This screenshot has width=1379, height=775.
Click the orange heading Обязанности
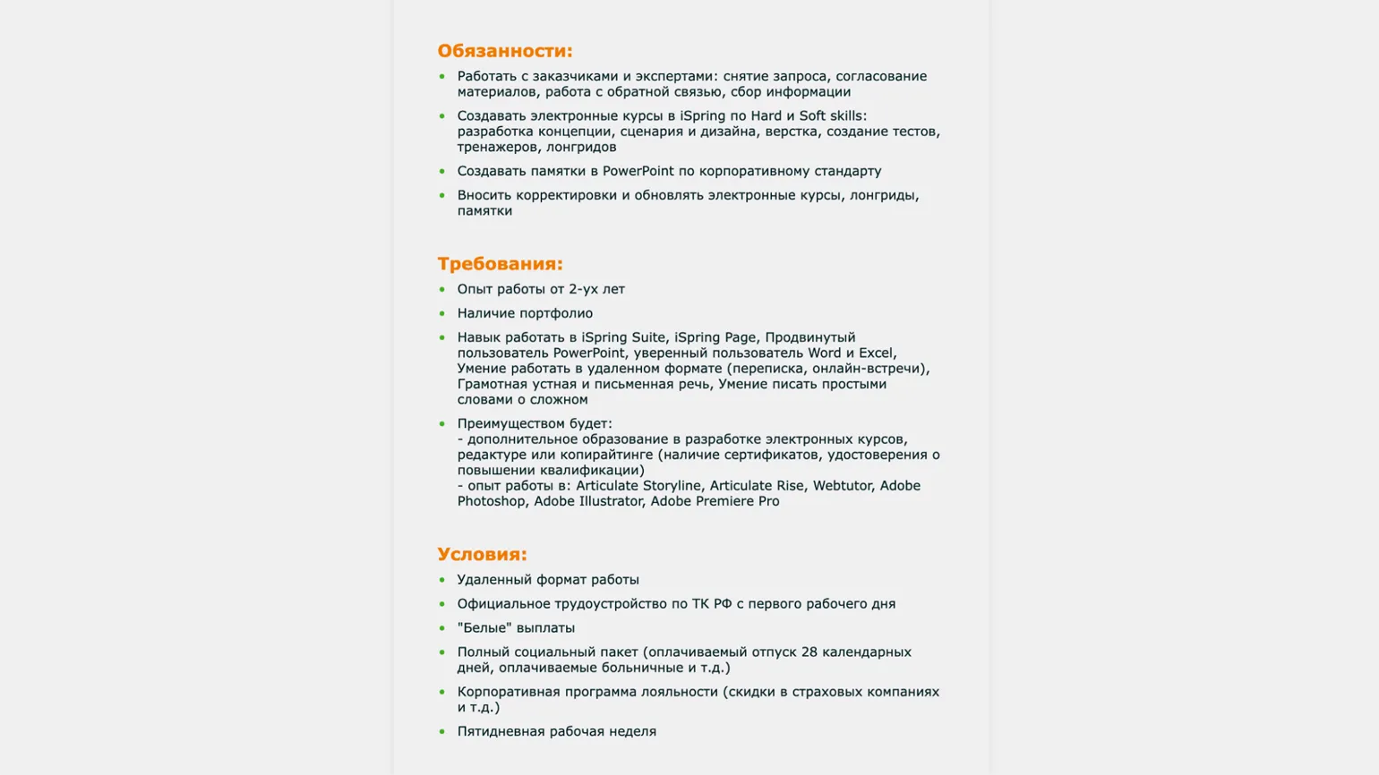(504, 51)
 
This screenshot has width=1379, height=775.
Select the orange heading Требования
(500, 264)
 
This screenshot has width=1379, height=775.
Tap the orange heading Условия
(482, 554)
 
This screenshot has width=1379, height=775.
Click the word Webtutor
(842, 486)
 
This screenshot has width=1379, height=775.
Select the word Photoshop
(492, 501)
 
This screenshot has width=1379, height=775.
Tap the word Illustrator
(612, 501)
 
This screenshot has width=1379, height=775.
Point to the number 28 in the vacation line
(809, 652)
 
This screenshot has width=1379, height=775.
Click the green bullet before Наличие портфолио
(441, 313)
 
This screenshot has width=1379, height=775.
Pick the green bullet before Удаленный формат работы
(441, 580)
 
